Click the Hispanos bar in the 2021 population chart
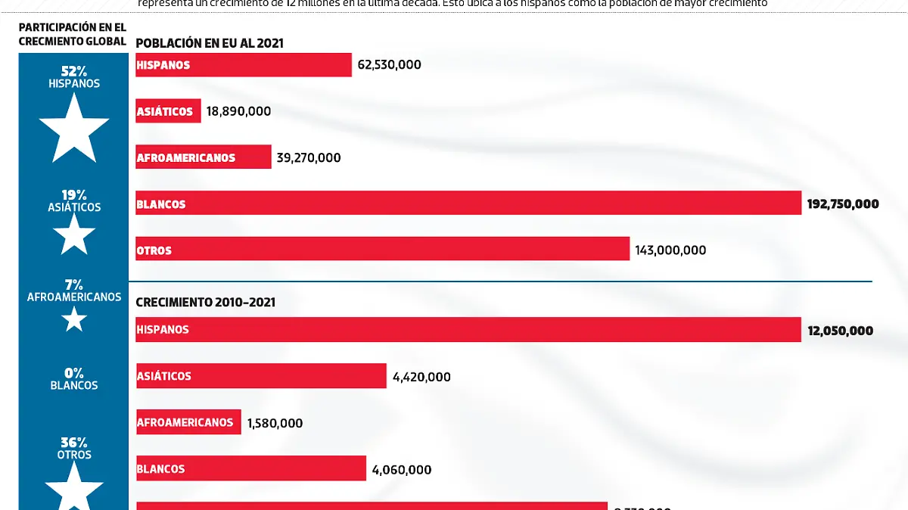244,65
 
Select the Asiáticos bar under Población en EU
168,111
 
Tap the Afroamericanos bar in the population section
203,157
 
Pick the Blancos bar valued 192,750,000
468,204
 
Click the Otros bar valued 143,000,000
382,250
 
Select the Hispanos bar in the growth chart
468,330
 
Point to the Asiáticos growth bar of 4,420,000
261,376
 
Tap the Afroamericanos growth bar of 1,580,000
188,422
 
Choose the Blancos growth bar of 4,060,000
250,469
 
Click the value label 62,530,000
389,65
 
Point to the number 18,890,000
238,111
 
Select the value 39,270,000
309,158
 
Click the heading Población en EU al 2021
210,43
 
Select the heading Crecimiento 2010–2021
205,303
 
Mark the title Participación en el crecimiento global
73,34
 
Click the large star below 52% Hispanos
74,129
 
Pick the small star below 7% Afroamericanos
74,321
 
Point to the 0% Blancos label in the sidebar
74,378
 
